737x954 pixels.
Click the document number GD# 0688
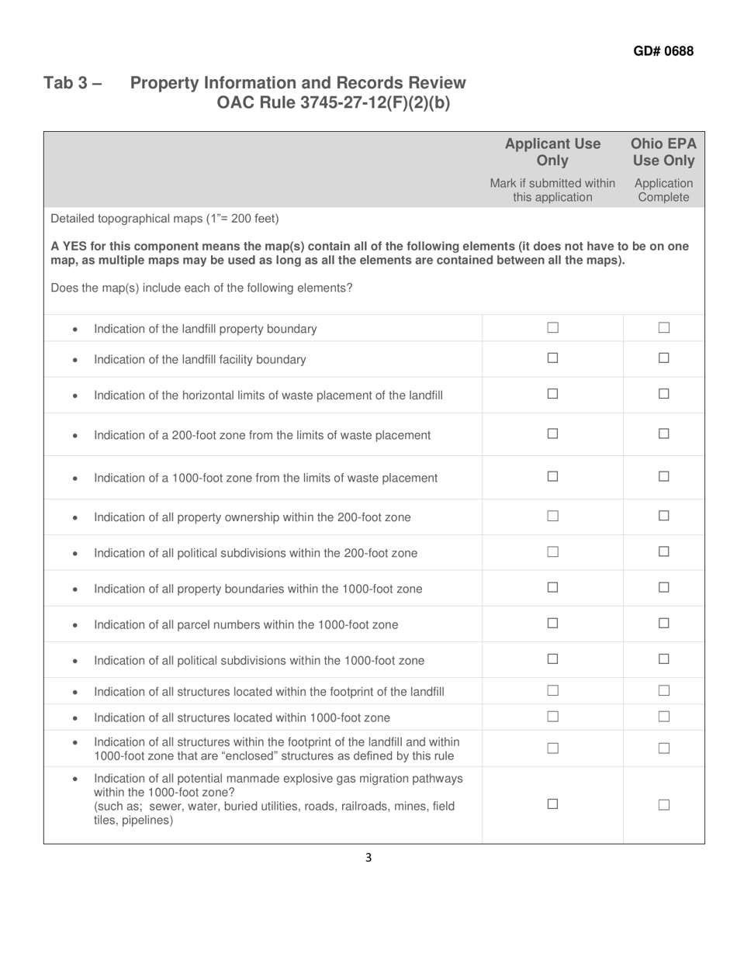(x=663, y=51)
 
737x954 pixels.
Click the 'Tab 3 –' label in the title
(x=72, y=83)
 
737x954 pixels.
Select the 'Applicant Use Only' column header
(x=552, y=152)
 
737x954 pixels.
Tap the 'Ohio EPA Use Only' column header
(x=663, y=152)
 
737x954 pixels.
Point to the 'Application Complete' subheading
(x=663, y=191)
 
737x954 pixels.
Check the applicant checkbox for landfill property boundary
(x=552, y=328)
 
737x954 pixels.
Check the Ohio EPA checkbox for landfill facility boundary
(x=664, y=358)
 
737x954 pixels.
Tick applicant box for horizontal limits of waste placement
(x=552, y=394)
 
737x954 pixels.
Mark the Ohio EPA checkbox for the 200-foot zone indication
(x=664, y=434)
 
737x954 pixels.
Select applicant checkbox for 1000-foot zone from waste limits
(x=552, y=477)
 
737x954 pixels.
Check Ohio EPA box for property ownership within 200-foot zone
(x=664, y=516)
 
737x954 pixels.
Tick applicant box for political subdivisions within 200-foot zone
(x=552, y=551)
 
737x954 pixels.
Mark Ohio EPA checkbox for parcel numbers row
(x=664, y=623)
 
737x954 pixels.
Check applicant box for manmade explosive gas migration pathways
(x=552, y=804)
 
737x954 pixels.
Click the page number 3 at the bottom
(x=368, y=858)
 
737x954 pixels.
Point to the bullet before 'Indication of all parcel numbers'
(x=74, y=625)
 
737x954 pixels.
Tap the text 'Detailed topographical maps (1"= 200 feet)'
(x=164, y=218)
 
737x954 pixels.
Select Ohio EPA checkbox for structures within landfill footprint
(x=664, y=690)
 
